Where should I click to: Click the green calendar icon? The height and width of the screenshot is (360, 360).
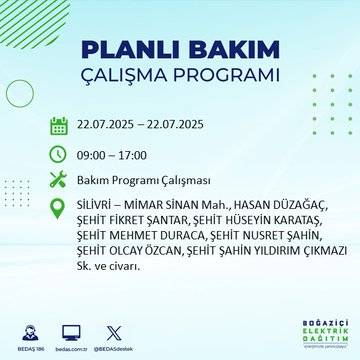click(59, 126)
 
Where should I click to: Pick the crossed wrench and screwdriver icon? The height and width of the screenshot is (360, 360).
click(59, 181)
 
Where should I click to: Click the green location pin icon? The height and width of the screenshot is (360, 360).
click(59, 211)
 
